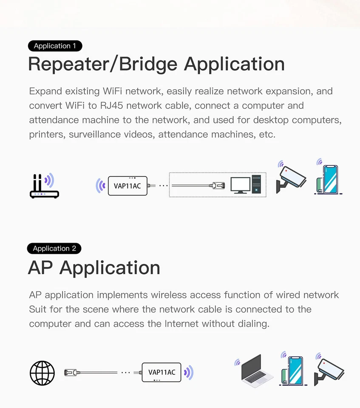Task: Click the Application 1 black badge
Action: point(55,46)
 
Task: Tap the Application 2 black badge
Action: point(54,249)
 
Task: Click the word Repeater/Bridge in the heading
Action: point(102,65)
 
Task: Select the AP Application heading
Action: point(94,268)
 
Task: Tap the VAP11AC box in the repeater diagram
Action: point(128,186)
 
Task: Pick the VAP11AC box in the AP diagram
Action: point(162,372)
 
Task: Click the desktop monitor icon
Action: point(240,185)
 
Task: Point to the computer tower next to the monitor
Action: point(257,184)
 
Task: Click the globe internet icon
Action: point(42,373)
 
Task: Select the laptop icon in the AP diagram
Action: point(257,371)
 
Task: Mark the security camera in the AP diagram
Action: point(329,370)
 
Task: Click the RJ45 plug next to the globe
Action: point(71,372)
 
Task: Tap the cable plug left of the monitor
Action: point(218,185)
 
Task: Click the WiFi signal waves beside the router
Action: point(50,180)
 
